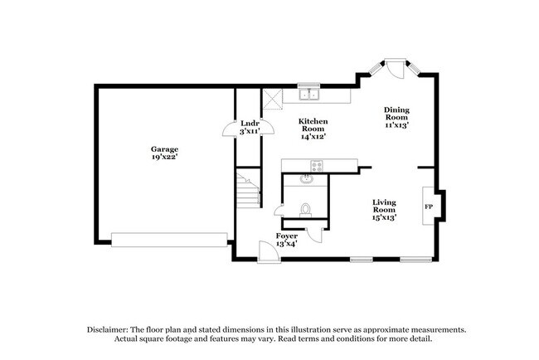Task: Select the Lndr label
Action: pyautogui.click(x=250, y=124)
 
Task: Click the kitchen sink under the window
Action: pyautogui.click(x=309, y=93)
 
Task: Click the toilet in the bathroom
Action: pyautogui.click(x=305, y=210)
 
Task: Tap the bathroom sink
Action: pyautogui.click(x=307, y=177)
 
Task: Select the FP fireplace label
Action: pyautogui.click(x=429, y=206)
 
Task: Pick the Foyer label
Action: pyautogui.click(x=286, y=236)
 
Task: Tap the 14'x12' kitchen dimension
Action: pyautogui.click(x=313, y=137)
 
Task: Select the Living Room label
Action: pyautogui.click(x=383, y=206)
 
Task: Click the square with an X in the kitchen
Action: pyautogui.click(x=272, y=101)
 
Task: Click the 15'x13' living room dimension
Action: pyautogui.click(x=383, y=217)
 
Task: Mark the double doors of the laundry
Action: pyautogui.click(x=230, y=128)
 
